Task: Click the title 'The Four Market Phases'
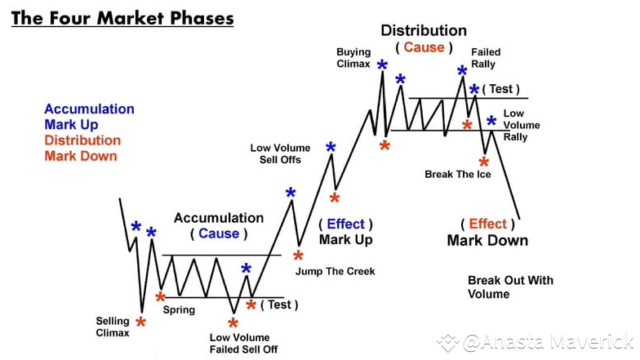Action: [x=122, y=18]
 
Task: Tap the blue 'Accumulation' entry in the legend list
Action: [x=90, y=109]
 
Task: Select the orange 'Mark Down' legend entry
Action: [x=81, y=156]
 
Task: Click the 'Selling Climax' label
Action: [x=113, y=327]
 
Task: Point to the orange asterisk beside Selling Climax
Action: [x=140, y=322]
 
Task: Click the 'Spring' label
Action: [x=180, y=310]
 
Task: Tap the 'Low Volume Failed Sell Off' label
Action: [x=243, y=343]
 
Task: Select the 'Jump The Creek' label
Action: [x=335, y=271]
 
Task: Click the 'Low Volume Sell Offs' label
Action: [x=281, y=153]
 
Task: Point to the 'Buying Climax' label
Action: [x=353, y=58]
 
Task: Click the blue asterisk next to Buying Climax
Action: [x=382, y=64]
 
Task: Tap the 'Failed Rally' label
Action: [x=486, y=58]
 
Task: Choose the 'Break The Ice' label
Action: [x=458, y=175]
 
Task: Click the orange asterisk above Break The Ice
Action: [x=484, y=162]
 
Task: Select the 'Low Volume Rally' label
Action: [x=522, y=125]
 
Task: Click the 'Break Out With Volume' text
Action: [x=511, y=287]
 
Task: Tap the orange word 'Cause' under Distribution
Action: [x=424, y=47]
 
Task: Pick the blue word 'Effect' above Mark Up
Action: [x=346, y=224]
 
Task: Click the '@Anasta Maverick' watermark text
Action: [x=549, y=342]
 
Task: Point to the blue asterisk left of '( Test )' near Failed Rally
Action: [x=474, y=89]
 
